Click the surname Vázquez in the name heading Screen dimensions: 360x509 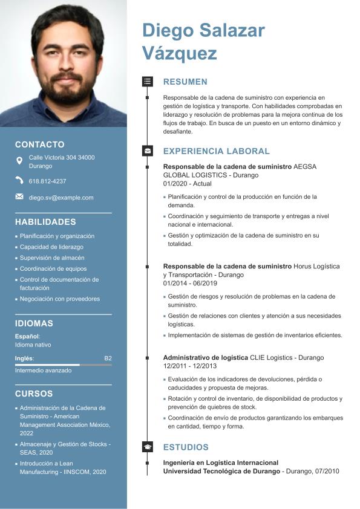point(179,53)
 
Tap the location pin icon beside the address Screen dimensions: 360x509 point(19,161)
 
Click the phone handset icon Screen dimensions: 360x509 point(19,180)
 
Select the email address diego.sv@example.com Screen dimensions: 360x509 point(61,198)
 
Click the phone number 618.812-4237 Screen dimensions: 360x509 point(47,181)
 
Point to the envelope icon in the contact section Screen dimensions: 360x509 point(19,196)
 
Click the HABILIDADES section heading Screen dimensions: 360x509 point(45,222)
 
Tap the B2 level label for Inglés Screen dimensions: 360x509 point(108,358)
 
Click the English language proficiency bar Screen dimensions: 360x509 point(63,365)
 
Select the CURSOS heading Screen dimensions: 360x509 point(34,394)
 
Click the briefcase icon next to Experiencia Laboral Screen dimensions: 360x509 point(147,151)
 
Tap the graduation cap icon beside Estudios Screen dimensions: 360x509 point(147,447)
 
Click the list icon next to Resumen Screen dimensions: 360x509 point(147,81)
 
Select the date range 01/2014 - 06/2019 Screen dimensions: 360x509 point(190,283)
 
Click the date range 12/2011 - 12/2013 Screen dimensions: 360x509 point(189,366)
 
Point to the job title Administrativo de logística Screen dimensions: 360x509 point(206,358)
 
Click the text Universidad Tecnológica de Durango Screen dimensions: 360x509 point(221,471)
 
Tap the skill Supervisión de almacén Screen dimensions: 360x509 point(52,258)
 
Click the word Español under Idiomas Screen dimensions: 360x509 point(27,336)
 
